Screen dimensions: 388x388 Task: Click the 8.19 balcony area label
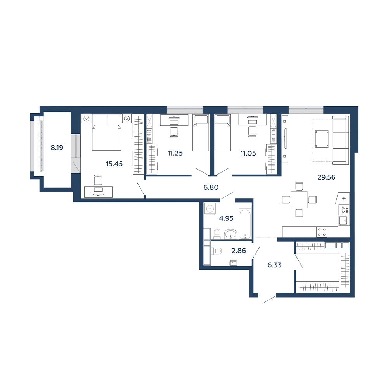57,148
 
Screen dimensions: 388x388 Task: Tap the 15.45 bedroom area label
114,164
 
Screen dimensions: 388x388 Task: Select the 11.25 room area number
175,153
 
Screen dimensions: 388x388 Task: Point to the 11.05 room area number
248,153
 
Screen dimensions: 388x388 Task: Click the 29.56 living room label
326,177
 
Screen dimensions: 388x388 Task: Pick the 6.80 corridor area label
211,187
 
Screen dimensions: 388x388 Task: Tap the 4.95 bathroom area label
226,218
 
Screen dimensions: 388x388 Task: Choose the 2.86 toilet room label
239,251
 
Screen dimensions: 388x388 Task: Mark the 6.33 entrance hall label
274,265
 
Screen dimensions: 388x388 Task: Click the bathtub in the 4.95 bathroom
245,224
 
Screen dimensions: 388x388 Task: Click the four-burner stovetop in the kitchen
322,232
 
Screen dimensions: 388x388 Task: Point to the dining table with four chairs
299,199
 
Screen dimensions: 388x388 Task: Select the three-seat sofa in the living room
341,140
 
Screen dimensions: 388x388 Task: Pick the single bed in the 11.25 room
201,133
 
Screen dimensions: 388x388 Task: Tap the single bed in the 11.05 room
223,133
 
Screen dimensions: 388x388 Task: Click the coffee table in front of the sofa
322,139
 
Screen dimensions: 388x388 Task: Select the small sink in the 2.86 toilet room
233,263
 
